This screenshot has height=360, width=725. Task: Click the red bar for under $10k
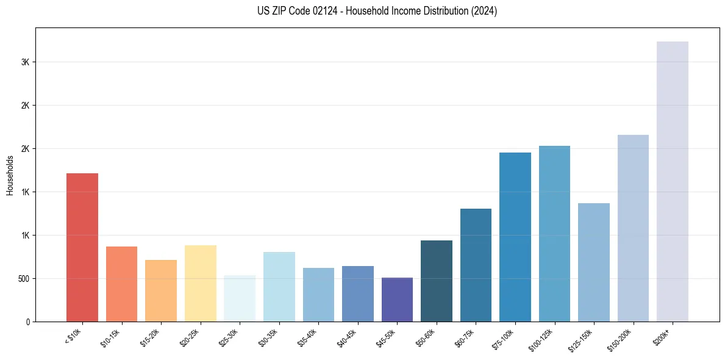[82, 247]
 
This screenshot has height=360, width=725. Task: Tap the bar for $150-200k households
[633, 228]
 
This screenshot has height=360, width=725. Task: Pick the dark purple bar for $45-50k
[397, 300]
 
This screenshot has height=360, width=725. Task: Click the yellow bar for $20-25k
[200, 283]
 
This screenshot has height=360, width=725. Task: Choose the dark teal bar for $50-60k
[436, 281]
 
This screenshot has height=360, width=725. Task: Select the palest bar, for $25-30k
[240, 298]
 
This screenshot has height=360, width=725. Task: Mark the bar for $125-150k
[593, 262]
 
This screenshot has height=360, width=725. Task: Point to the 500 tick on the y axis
[23, 279]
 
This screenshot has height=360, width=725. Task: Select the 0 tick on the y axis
[27, 322]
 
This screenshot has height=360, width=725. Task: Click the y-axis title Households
[10, 175]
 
